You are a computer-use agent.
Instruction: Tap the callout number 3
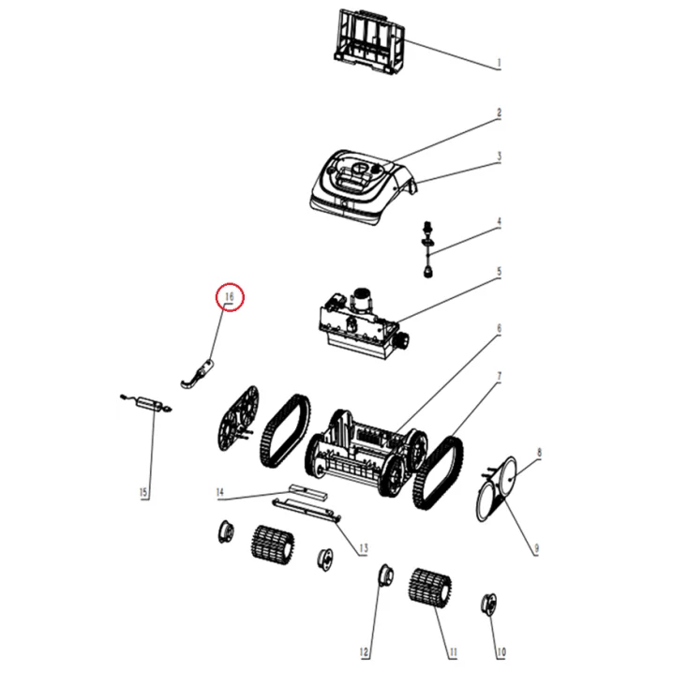(x=500, y=157)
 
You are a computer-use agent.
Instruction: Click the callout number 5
(x=500, y=273)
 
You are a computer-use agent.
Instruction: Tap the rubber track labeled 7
(x=440, y=469)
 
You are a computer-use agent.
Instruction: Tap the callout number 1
(x=500, y=65)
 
